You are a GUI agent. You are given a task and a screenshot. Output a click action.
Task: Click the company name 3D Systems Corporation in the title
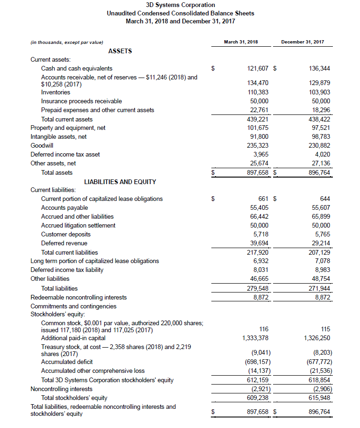pyautogui.click(x=180, y=5)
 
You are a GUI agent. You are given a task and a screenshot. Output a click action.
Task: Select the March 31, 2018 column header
pyautogui.click(x=241, y=42)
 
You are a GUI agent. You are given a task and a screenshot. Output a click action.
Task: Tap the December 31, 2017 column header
pyautogui.click(x=302, y=42)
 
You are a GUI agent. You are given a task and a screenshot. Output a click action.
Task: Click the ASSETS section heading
pyautogui.click(x=120, y=51)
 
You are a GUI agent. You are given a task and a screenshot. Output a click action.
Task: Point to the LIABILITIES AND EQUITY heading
pyautogui.click(x=120, y=182)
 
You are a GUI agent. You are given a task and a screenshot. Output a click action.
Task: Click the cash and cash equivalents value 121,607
pyautogui.click(x=258, y=69)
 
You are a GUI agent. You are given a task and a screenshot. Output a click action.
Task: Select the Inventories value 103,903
pyautogui.click(x=320, y=93)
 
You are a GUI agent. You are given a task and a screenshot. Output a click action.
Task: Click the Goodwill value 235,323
pyautogui.click(x=258, y=145)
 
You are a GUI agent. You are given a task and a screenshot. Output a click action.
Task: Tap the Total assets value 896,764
pyautogui.click(x=320, y=172)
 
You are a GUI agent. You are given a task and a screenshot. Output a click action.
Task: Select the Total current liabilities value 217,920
pyautogui.click(x=258, y=252)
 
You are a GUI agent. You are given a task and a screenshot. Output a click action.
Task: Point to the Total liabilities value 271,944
pyautogui.click(x=320, y=288)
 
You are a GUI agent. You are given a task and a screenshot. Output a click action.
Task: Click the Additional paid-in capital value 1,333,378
pyautogui.click(x=255, y=338)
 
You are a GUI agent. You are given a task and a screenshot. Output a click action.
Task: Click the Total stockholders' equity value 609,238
pyautogui.click(x=258, y=398)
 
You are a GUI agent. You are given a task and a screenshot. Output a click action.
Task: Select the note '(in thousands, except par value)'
pyautogui.click(x=67, y=43)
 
